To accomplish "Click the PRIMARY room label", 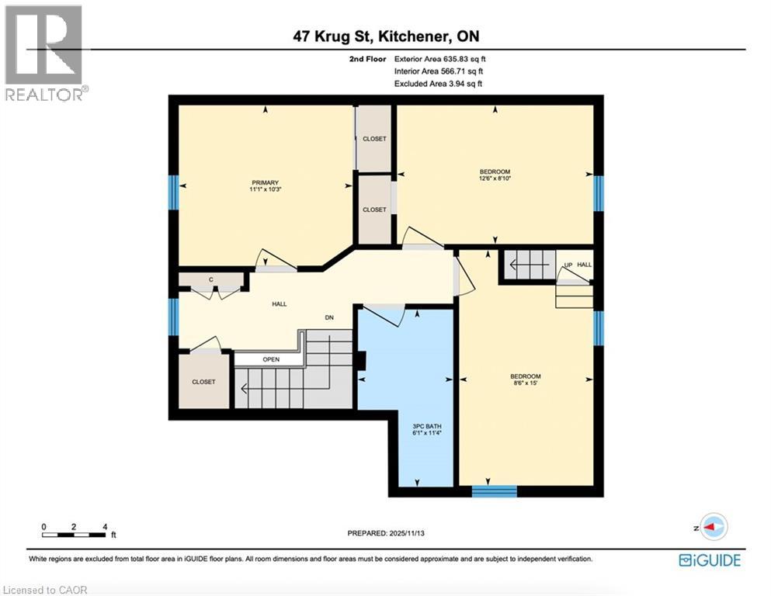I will (x=264, y=182).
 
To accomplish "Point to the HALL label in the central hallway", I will (x=279, y=304).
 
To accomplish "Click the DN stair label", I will (x=328, y=317).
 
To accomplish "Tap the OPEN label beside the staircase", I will (x=271, y=359).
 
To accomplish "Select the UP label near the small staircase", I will (x=568, y=265).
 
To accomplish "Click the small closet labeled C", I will (x=210, y=279).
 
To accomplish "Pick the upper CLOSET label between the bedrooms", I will (x=374, y=139).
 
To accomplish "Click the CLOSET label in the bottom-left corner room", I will (x=203, y=382).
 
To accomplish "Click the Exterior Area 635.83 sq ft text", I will (x=440, y=59).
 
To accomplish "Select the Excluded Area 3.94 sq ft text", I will (x=438, y=84).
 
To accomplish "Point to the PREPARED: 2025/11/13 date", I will (x=385, y=533).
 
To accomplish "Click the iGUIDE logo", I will (x=709, y=560).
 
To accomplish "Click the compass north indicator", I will (x=712, y=526).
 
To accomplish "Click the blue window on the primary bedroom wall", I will (x=174, y=192).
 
